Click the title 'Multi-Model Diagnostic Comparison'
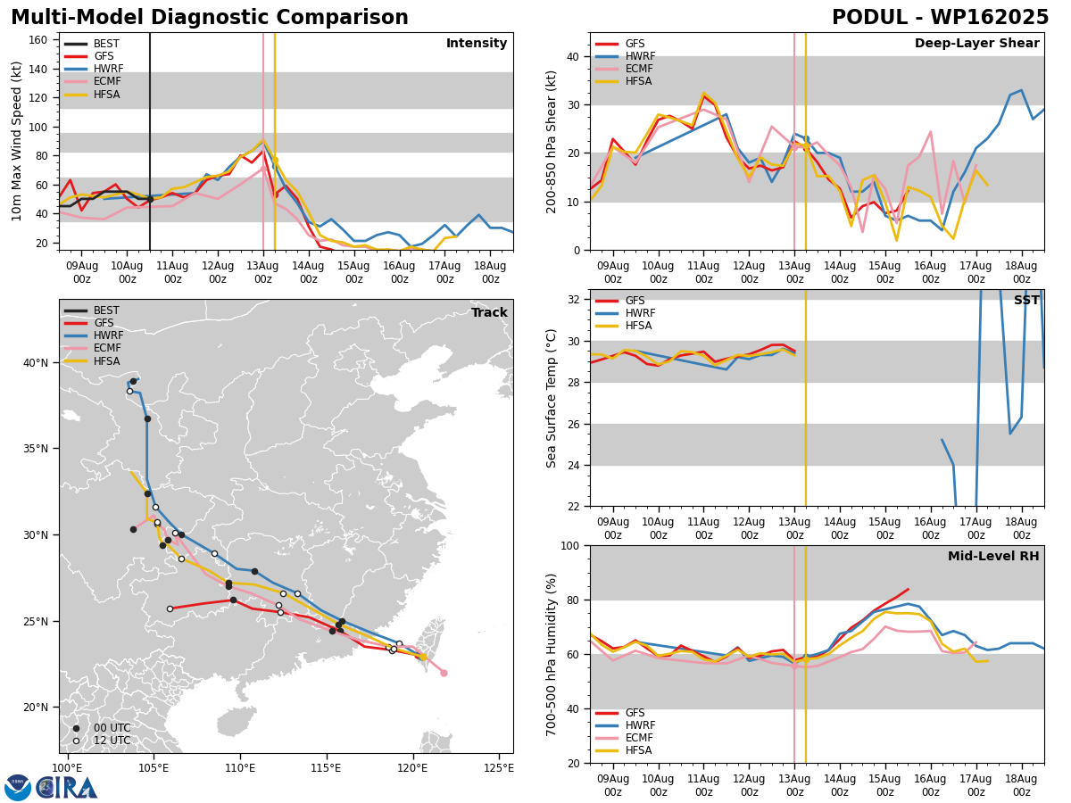click(x=210, y=18)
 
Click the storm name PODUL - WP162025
click(x=940, y=18)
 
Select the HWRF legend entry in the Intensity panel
click(x=94, y=69)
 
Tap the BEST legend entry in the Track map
click(x=92, y=310)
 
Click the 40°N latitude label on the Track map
click(x=36, y=363)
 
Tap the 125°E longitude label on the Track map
click(x=499, y=768)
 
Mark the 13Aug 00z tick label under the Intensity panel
click(x=263, y=272)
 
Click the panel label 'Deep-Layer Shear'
click(x=976, y=43)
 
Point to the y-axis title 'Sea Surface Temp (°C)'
click(x=551, y=398)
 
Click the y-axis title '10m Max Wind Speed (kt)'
click(x=16, y=141)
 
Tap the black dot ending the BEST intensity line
click(x=150, y=199)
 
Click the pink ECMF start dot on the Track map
click(x=444, y=674)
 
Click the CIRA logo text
click(x=67, y=788)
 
